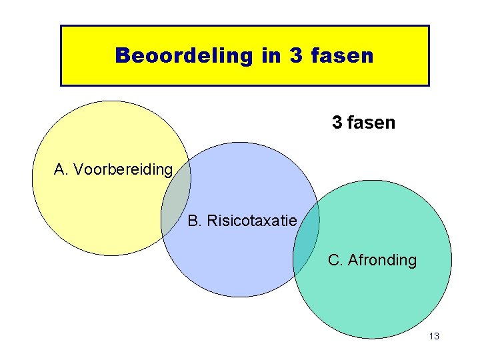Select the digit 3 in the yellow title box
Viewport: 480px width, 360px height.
297,55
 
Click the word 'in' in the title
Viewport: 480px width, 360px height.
271,55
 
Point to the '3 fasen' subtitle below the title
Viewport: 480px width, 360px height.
363,123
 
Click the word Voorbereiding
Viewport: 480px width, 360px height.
123,169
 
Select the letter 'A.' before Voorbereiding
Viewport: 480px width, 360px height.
61,169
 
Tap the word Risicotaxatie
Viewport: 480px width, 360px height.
252,220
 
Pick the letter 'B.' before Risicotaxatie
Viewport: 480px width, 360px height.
195,220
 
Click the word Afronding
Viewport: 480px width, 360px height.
382,260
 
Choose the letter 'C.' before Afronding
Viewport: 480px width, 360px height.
335,260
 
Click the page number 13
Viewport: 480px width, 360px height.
434,337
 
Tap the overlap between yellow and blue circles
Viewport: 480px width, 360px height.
176,199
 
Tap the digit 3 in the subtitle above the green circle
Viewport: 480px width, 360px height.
337,123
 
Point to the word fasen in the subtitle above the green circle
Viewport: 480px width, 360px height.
371,123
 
